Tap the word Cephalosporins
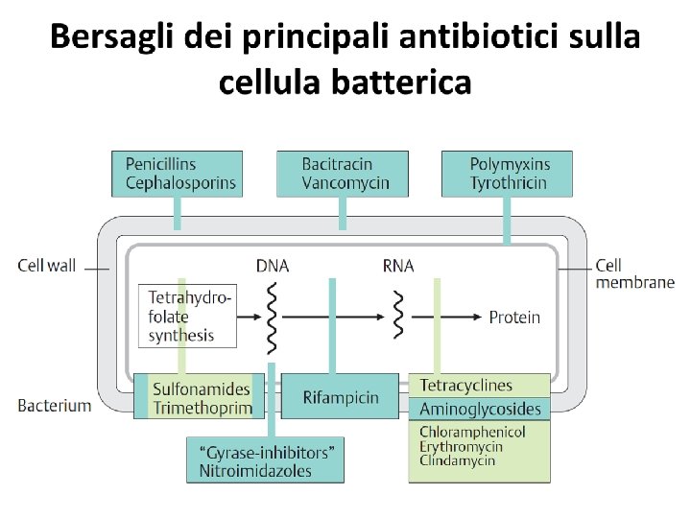[x=180, y=182]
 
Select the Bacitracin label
[x=337, y=164]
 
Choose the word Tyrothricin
[x=509, y=182]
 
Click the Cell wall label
[x=46, y=266]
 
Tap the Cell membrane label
[x=634, y=273]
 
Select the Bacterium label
[x=55, y=405]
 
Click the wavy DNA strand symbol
[x=273, y=318]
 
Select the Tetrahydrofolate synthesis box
[x=189, y=317]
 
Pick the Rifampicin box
[x=340, y=397]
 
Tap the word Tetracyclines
[x=466, y=386]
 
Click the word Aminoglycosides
[x=480, y=410]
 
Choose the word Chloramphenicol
[x=472, y=432]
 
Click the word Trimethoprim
[x=203, y=408]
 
